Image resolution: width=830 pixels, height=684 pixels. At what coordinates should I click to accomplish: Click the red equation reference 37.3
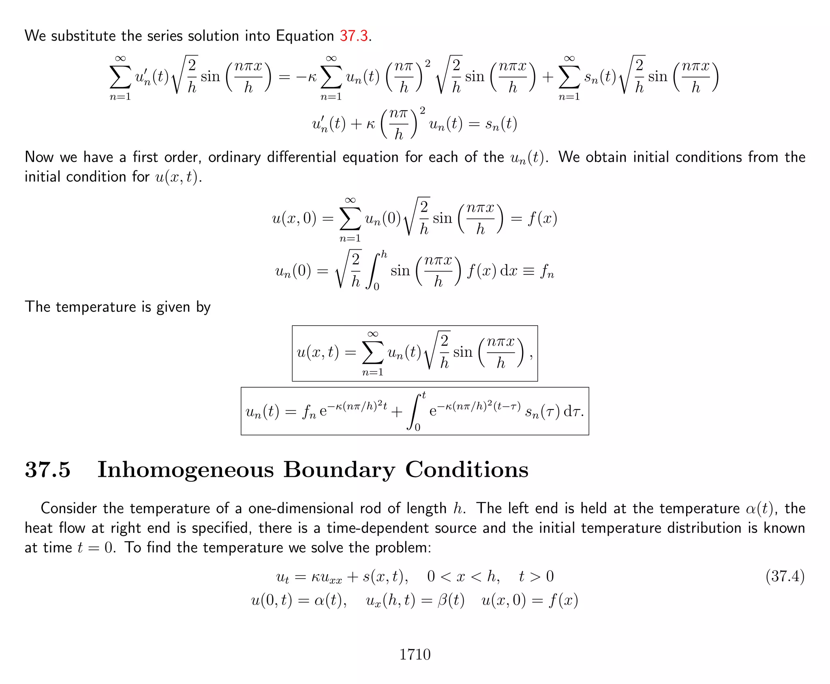click(x=353, y=36)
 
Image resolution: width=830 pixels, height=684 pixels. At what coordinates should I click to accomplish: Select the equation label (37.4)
click(x=785, y=576)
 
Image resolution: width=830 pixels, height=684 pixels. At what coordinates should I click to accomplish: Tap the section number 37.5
click(x=47, y=470)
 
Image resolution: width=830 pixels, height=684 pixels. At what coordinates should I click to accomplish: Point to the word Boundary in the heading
click(x=339, y=470)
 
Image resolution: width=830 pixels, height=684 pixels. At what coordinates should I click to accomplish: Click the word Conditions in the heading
click(x=467, y=470)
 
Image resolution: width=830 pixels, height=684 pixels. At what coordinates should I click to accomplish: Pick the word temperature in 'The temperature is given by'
click(x=96, y=307)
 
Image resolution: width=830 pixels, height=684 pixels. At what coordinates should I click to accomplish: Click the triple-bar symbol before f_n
click(x=528, y=271)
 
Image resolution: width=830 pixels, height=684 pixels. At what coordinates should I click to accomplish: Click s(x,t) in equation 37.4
click(x=385, y=576)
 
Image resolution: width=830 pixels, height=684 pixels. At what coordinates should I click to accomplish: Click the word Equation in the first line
click(x=305, y=36)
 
